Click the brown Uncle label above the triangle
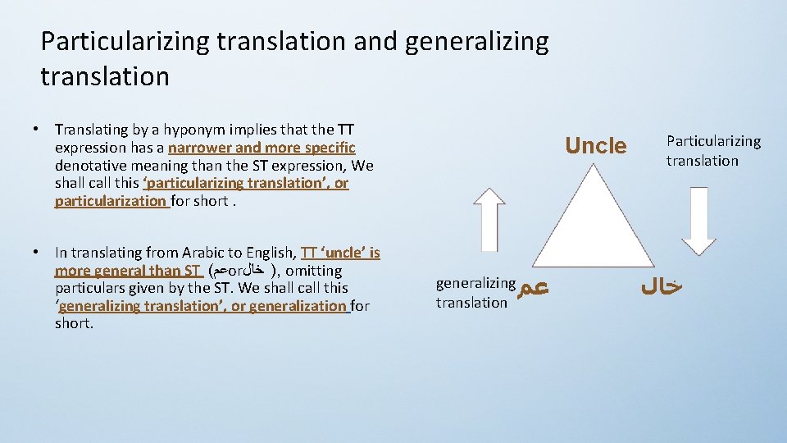(595, 146)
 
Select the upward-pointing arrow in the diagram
(489, 219)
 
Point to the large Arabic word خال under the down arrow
(661, 287)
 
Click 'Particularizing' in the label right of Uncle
(713, 142)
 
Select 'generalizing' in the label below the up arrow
(475, 284)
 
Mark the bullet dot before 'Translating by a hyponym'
(37, 129)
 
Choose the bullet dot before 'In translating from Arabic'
(37, 253)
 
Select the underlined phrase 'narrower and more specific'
(262, 148)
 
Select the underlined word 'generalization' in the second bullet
(298, 306)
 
